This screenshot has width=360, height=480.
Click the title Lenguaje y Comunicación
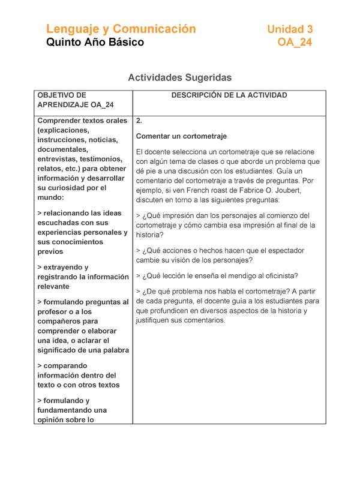click(x=121, y=29)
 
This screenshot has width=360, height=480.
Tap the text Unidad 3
click(x=290, y=29)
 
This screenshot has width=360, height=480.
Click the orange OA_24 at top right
click(x=295, y=43)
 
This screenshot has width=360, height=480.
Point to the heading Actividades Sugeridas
click(x=180, y=77)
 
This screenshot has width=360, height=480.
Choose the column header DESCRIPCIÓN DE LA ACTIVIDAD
click(x=229, y=95)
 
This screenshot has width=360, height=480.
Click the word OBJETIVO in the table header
click(x=62, y=95)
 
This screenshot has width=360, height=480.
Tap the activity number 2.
click(x=139, y=121)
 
